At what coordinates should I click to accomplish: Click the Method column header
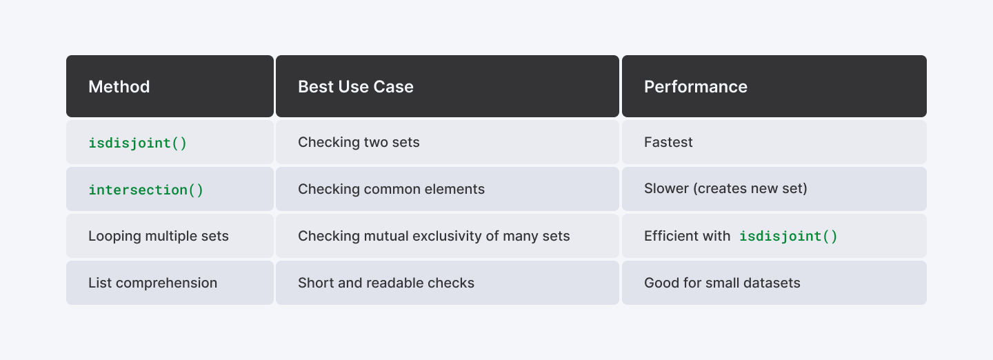(170, 86)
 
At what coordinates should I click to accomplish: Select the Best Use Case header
(448, 86)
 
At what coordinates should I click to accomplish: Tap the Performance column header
(774, 86)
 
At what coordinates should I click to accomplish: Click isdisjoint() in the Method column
(138, 143)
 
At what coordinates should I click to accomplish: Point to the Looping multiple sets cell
(170, 236)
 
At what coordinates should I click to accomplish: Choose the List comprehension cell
(170, 283)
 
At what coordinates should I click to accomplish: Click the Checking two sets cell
(448, 142)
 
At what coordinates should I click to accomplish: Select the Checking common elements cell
(448, 189)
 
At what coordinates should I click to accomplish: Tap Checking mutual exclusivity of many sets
(434, 236)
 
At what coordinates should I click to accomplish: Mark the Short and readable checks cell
(448, 283)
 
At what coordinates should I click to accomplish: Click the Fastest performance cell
(774, 142)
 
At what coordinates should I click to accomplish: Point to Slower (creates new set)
(725, 188)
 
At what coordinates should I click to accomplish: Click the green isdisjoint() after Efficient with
(788, 236)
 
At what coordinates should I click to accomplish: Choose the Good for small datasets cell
(774, 283)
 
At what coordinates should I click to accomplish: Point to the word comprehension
(167, 283)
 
